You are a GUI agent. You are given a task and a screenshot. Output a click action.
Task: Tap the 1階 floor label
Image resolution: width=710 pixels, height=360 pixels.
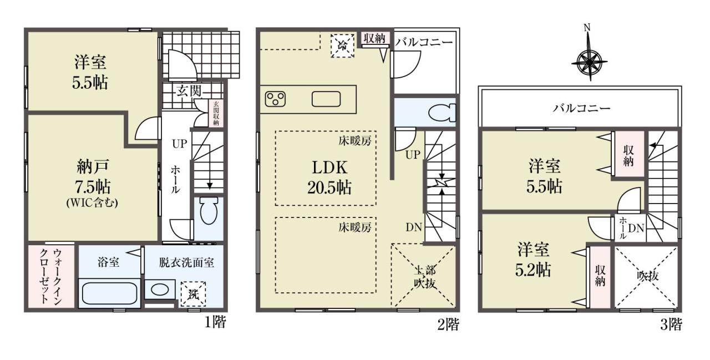pyautogui.click(x=215, y=323)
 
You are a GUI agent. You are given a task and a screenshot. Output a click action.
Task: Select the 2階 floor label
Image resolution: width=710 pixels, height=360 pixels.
pyautogui.click(x=448, y=324)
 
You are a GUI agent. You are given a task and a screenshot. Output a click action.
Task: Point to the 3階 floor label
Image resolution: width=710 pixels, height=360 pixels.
pyautogui.click(x=671, y=324)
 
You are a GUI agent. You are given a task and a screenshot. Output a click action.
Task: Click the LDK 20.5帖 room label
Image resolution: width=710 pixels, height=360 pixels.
pyautogui.click(x=329, y=177)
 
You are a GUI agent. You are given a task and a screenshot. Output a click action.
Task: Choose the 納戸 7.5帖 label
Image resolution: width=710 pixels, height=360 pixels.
pyautogui.click(x=92, y=183)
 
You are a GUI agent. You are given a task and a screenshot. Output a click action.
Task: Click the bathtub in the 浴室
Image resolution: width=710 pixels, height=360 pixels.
pyautogui.click(x=109, y=293)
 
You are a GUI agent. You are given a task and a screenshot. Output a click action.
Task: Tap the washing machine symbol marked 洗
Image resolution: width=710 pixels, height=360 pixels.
pyautogui.click(x=193, y=294)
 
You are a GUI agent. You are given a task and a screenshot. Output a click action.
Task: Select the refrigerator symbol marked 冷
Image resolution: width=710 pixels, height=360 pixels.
pyautogui.click(x=342, y=46)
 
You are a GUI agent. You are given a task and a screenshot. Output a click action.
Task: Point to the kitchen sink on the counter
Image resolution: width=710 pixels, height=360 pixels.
pyautogui.click(x=326, y=99)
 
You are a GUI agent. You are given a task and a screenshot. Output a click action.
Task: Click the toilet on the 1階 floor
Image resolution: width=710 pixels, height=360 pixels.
pyautogui.click(x=209, y=210)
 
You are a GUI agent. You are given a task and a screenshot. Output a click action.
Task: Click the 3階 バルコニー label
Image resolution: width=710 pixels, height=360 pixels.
pyautogui.click(x=581, y=109)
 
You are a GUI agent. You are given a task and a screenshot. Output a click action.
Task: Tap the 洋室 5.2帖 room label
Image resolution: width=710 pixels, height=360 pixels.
pyautogui.click(x=533, y=260)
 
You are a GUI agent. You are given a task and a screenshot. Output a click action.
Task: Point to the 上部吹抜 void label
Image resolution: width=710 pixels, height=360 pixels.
pyautogui.click(x=425, y=277)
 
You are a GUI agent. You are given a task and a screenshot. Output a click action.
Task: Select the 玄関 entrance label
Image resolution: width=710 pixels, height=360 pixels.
pyautogui.click(x=189, y=92)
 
